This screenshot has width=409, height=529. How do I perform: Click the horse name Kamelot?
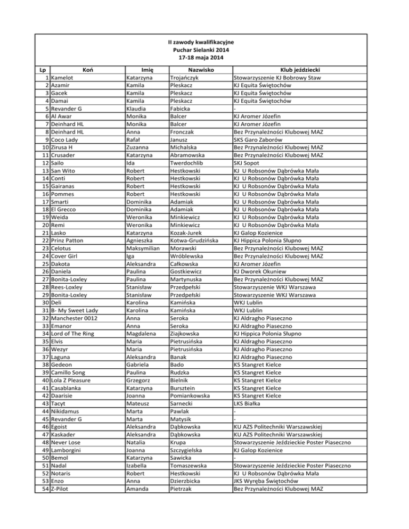point(67,77)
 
